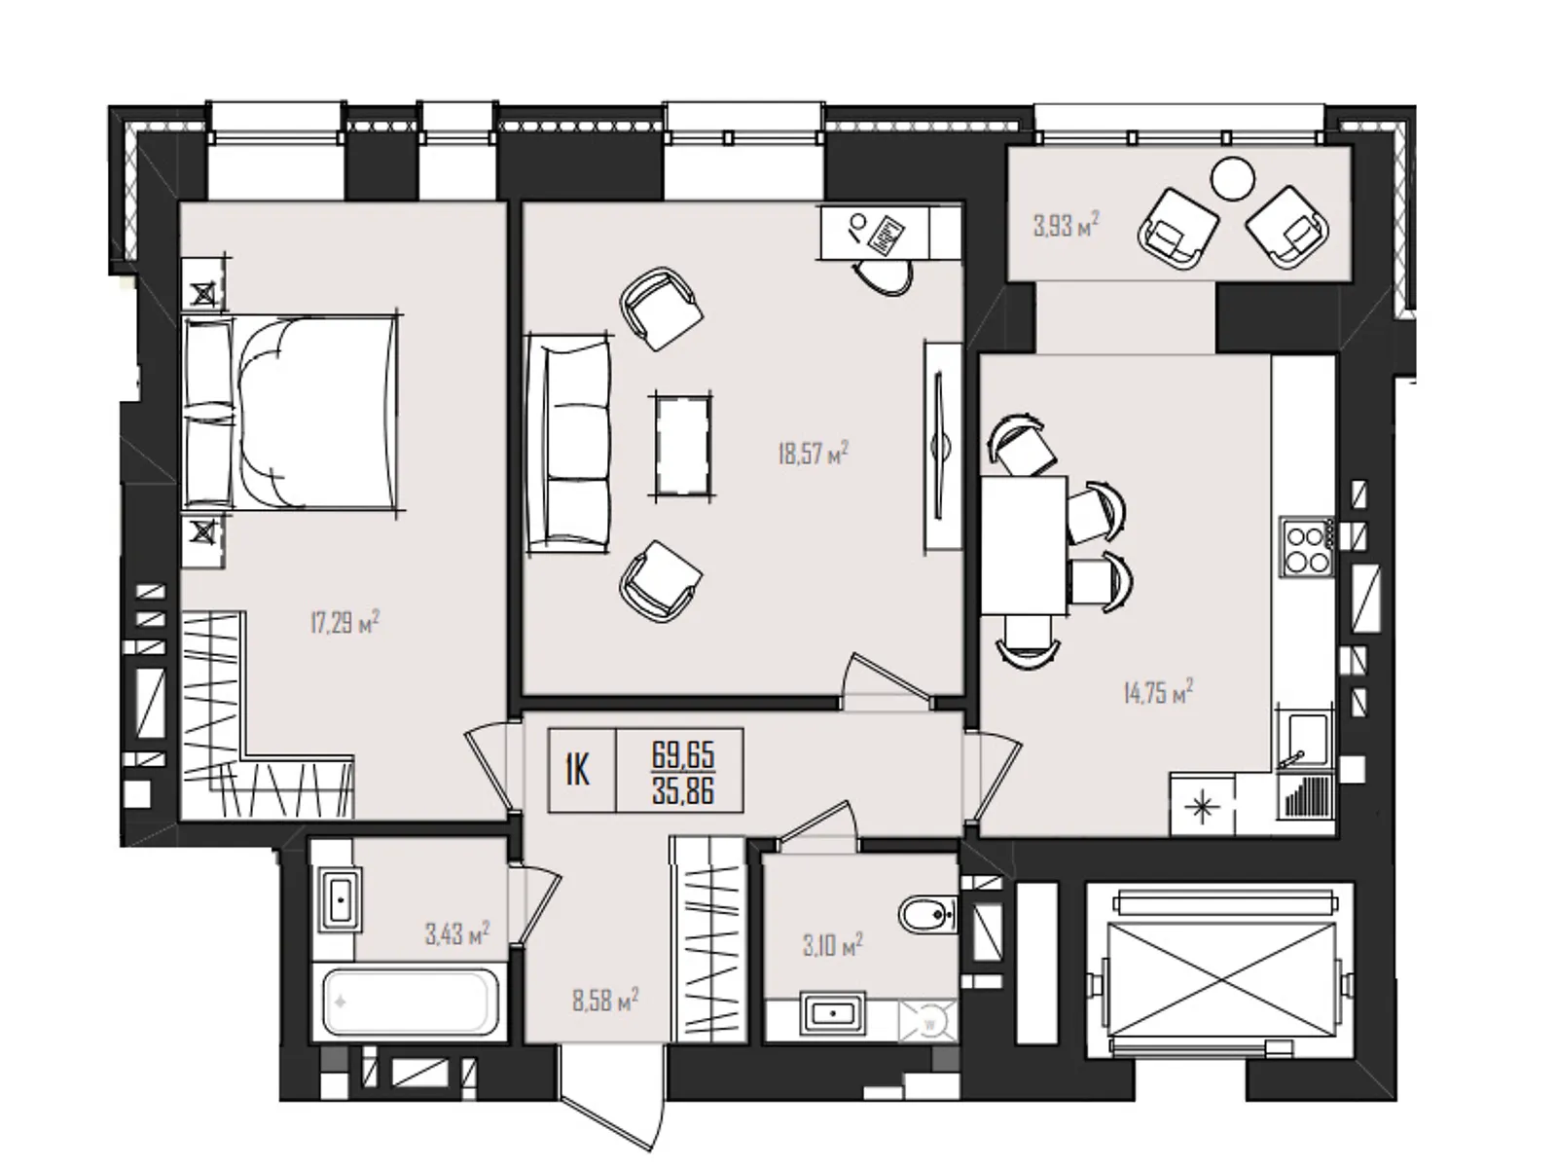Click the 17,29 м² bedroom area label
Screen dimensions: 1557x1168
click(344, 623)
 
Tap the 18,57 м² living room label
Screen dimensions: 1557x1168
click(813, 453)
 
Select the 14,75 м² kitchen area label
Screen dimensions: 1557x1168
click(1158, 691)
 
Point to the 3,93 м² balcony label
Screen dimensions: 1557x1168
click(1067, 226)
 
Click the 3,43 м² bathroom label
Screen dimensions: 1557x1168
click(457, 933)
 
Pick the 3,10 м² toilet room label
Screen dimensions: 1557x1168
click(833, 944)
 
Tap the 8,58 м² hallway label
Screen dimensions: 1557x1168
click(605, 1001)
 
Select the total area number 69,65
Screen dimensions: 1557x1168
click(682, 754)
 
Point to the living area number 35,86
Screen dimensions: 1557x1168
click(682, 790)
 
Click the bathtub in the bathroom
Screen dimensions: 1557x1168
click(410, 1003)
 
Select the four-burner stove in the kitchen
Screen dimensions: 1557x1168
click(1307, 546)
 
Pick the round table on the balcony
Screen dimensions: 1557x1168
click(1233, 179)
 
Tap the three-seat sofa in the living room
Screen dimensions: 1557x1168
click(568, 444)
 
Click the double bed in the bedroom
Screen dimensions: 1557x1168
click(290, 413)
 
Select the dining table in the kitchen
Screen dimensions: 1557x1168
click(1025, 545)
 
